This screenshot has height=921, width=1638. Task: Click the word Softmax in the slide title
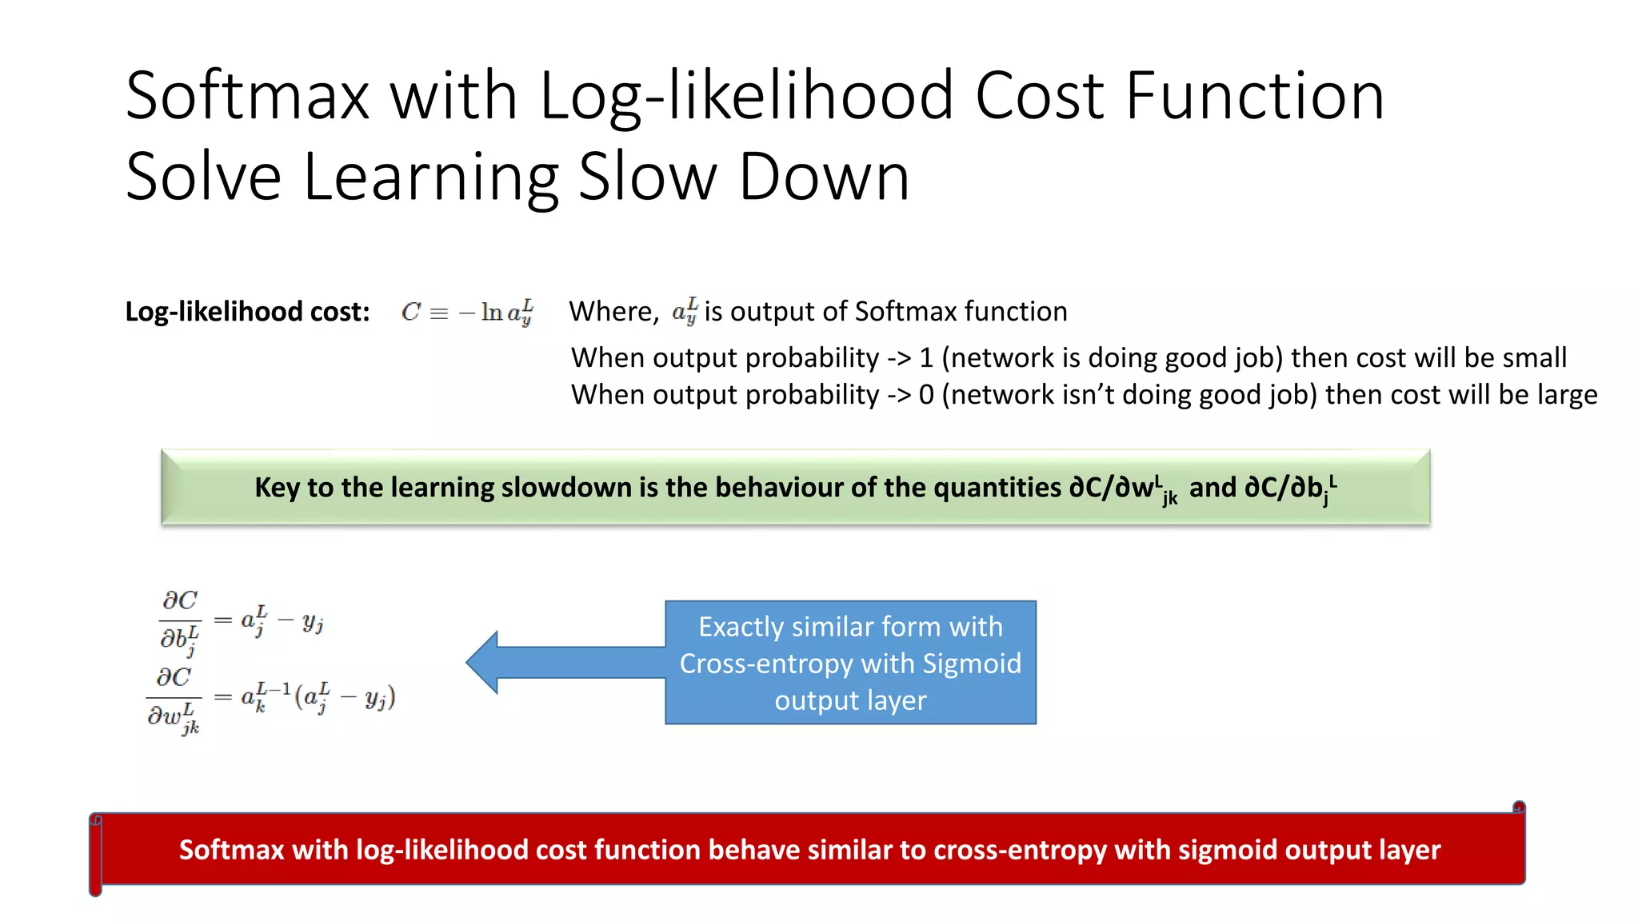pyautogui.click(x=247, y=96)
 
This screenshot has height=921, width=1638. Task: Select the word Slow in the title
pyautogui.click(x=647, y=177)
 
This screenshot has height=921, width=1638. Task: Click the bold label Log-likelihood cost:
pyautogui.click(x=247, y=312)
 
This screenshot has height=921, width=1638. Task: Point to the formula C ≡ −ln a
pyautogui.click(x=467, y=312)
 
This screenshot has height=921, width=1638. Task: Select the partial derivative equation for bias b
pyautogui.click(x=241, y=622)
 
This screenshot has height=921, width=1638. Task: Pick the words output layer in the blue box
pyautogui.click(x=850, y=700)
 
